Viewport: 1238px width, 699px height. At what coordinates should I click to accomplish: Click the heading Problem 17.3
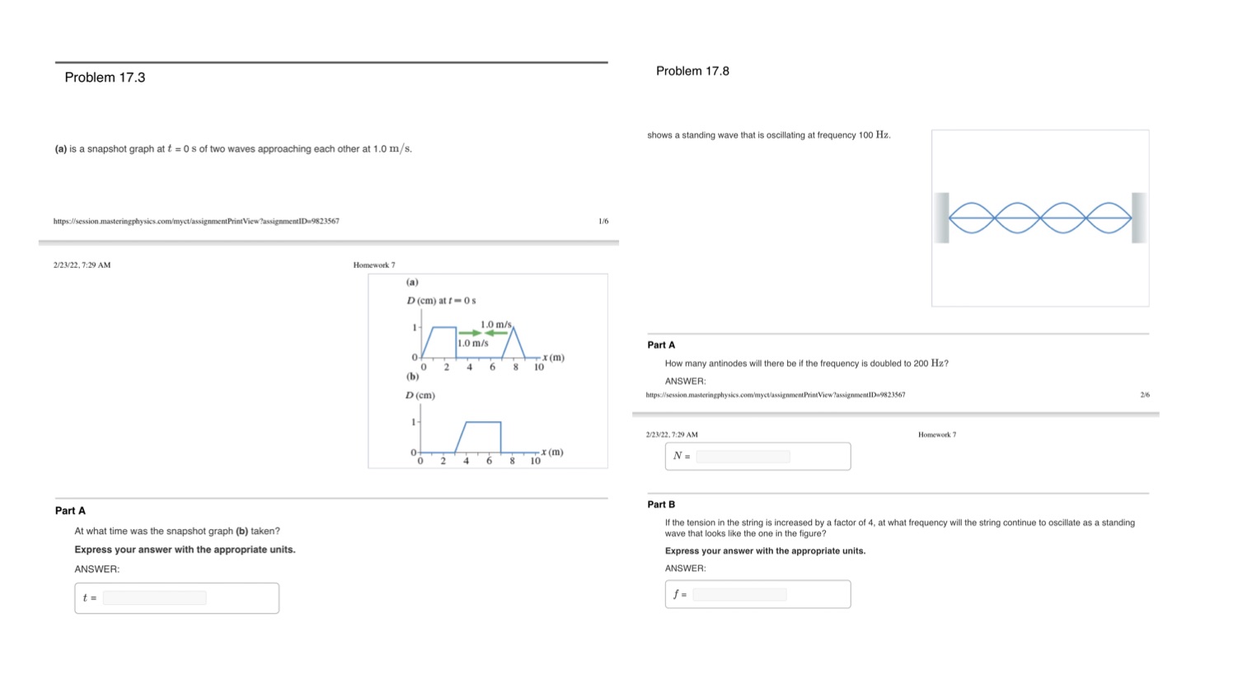pyautogui.click(x=105, y=77)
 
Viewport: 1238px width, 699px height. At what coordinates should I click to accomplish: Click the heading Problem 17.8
pyautogui.click(x=692, y=71)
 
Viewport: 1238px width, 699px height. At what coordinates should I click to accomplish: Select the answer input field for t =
pyautogui.click(x=154, y=598)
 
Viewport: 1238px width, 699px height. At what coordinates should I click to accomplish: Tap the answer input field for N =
pyautogui.click(x=743, y=457)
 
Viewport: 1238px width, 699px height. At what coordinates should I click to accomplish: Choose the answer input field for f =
pyautogui.click(x=739, y=594)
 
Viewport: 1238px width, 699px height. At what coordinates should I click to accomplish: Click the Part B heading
pyautogui.click(x=661, y=504)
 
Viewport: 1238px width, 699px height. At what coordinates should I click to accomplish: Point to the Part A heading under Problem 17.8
pyautogui.click(x=661, y=345)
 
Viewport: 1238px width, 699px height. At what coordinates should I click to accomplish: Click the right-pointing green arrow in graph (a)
pyautogui.click(x=470, y=333)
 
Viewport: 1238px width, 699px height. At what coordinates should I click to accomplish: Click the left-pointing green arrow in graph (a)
pyautogui.click(x=496, y=333)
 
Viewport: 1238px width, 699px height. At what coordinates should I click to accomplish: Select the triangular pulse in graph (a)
pyautogui.click(x=513, y=343)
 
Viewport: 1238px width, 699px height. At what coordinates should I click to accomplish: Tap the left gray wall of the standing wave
pyautogui.click(x=941, y=218)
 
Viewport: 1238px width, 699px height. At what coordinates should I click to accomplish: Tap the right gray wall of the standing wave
pyautogui.click(x=1139, y=218)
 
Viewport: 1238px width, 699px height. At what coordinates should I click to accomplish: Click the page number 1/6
pyautogui.click(x=603, y=221)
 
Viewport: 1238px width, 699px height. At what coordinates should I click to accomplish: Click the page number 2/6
pyautogui.click(x=1145, y=395)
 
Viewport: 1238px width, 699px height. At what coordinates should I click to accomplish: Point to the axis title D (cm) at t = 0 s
pyautogui.click(x=441, y=301)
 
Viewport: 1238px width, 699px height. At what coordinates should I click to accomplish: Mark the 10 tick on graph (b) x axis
pyautogui.click(x=535, y=461)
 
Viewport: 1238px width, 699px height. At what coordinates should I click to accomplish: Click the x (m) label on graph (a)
pyautogui.click(x=553, y=357)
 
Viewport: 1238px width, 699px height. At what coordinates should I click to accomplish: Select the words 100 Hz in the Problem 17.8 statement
pyautogui.click(x=875, y=135)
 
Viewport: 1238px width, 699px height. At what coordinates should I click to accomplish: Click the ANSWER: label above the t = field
pyautogui.click(x=97, y=569)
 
